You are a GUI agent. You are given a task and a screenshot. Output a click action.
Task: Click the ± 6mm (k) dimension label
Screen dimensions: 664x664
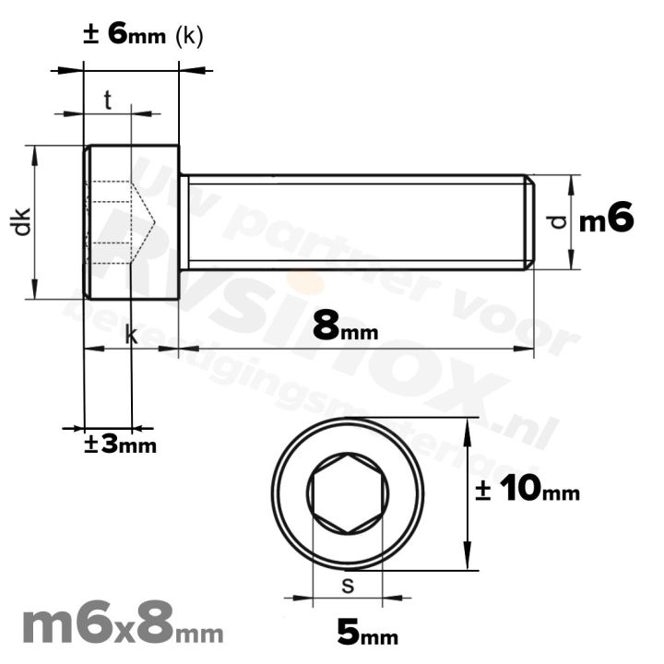coord(143,35)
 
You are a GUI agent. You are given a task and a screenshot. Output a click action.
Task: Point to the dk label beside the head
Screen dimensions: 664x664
coord(23,221)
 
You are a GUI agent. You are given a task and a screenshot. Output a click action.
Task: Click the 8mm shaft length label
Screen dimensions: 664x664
coord(345,326)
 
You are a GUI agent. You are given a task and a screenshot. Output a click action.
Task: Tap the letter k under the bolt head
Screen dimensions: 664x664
coord(131,337)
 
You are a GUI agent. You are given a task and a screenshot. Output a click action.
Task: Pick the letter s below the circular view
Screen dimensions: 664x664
coord(347,585)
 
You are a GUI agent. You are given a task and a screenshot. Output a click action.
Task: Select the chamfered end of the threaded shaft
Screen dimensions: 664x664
coord(529,221)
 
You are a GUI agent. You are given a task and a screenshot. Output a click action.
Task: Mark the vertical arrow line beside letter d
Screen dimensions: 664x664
coord(572,221)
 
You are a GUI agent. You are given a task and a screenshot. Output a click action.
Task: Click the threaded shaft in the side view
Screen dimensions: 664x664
coord(355,221)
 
